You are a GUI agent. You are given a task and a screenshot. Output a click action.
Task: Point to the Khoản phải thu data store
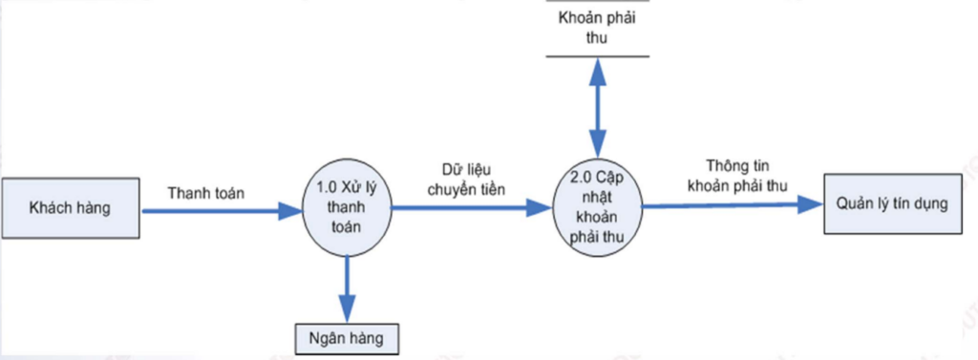pos(598,29)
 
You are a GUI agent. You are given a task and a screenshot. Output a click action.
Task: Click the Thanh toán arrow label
pos(205,193)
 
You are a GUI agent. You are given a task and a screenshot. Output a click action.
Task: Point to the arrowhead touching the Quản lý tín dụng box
pos(811,202)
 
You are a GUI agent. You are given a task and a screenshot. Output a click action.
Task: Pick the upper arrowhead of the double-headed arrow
pos(598,68)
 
